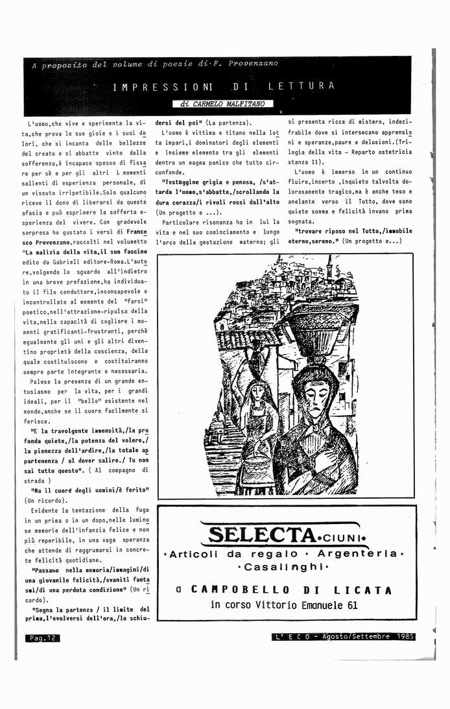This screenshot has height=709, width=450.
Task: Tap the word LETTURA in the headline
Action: [302, 86]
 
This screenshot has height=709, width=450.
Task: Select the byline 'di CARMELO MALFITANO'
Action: [222, 104]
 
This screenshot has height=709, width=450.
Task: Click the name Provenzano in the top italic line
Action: [253, 64]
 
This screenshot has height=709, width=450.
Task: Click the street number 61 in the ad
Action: [351, 605]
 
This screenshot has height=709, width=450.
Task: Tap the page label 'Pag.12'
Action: [43, 638]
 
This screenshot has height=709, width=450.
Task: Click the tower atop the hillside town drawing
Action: [329, 265]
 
